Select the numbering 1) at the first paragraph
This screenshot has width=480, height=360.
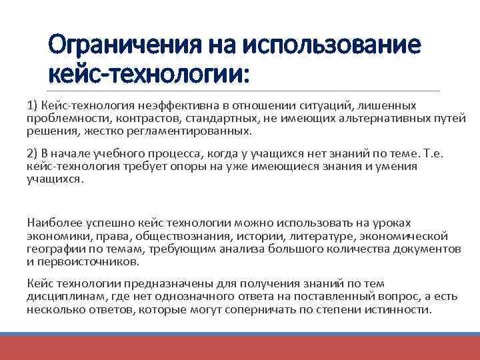coord(33,105)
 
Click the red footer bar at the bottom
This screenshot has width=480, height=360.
coord(240,347)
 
